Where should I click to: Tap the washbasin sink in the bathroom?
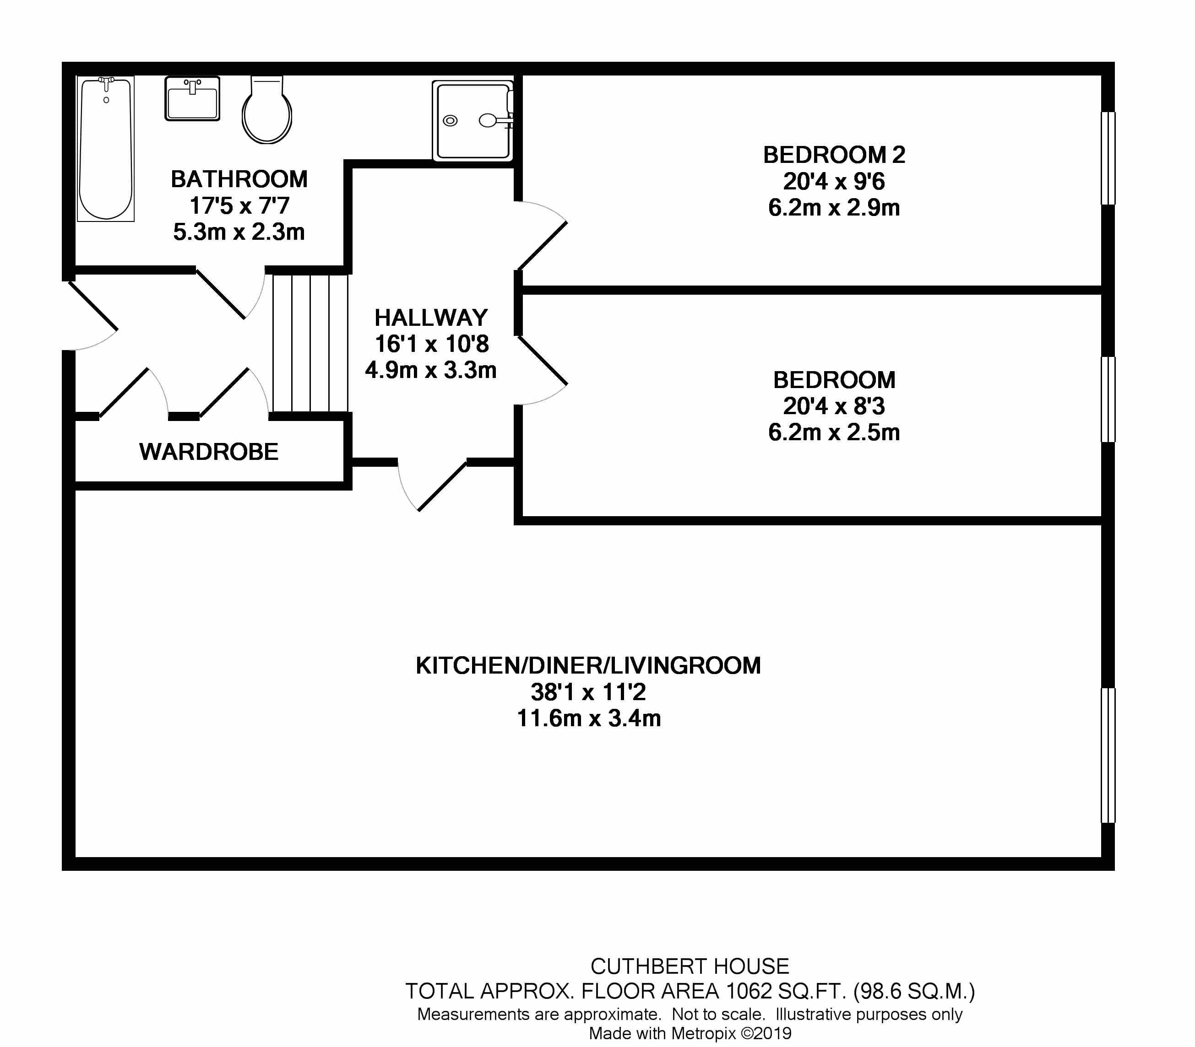point(192,98)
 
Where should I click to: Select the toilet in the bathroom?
point(267,110)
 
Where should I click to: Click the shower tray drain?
point(450,121)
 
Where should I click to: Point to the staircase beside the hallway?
point(310,344)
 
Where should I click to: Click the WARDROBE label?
point(209,452)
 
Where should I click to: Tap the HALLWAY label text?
point(431,318)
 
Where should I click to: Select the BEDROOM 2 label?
point(834,155)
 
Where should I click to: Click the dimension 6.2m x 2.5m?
point(834,432)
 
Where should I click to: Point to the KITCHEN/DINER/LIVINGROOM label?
point(588,665)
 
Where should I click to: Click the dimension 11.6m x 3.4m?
point(589,718)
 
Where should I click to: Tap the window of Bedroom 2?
point(1108,158)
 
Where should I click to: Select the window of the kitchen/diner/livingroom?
point(1108,756)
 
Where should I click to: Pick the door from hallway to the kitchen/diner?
point(433,485)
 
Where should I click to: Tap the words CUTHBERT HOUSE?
point(690,966)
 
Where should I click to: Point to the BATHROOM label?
point(239,179)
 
